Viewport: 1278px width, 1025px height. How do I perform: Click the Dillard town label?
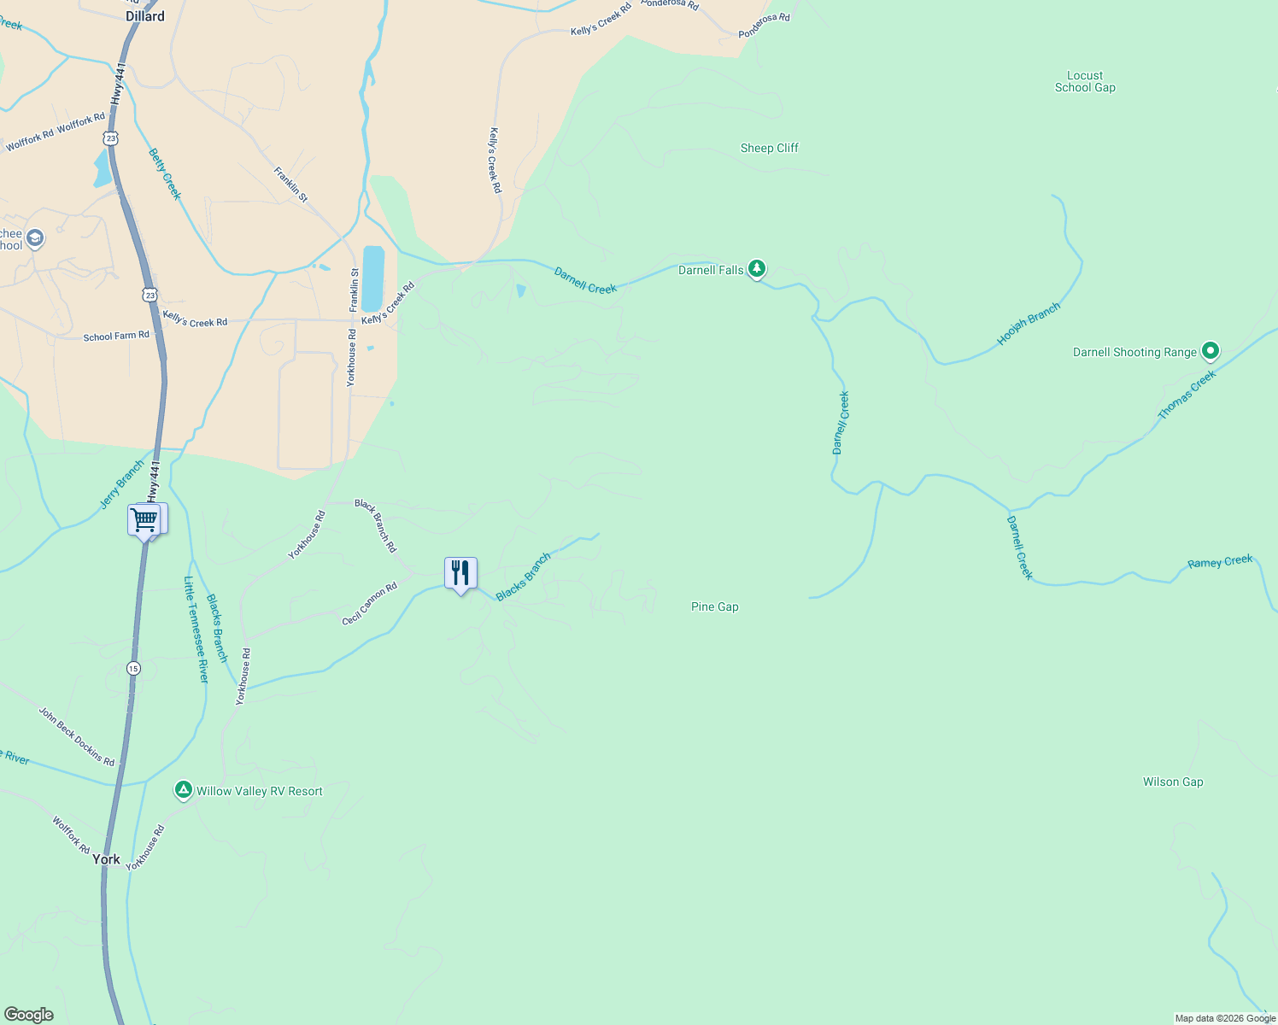click(144, 16)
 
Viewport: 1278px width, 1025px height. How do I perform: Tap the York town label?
click(106, 859)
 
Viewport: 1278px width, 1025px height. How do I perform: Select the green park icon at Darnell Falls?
click(756, 269)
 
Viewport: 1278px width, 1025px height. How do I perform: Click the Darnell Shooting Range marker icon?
click(1210, 350)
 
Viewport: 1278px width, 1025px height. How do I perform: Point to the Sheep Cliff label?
click(769, 148)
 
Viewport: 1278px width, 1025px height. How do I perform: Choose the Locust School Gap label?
click(1085, 81)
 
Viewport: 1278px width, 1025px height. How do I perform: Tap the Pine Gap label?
click(714, 606)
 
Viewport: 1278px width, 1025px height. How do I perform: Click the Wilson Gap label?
click(1173, 782)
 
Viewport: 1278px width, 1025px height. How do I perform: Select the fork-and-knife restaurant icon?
click(460, 572)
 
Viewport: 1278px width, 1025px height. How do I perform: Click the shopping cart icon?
click(144, 518)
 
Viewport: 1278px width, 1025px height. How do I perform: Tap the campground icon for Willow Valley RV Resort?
click(184, 790)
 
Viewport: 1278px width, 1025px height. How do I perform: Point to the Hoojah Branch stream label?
click(1029, 325)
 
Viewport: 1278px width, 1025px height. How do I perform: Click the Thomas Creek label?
click(1187, 395)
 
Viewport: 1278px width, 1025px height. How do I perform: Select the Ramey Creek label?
click(1220, 562)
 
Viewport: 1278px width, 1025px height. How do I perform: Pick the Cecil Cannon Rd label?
click(370, 604)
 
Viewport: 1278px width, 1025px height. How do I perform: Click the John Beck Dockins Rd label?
click(76, 736)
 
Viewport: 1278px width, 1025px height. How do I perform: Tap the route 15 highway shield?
click(133, 668)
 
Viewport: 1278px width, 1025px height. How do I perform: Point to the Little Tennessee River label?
click(196, 630)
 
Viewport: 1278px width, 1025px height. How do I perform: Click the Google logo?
click(29, 1014)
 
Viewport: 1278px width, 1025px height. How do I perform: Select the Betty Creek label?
click(165, 174)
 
